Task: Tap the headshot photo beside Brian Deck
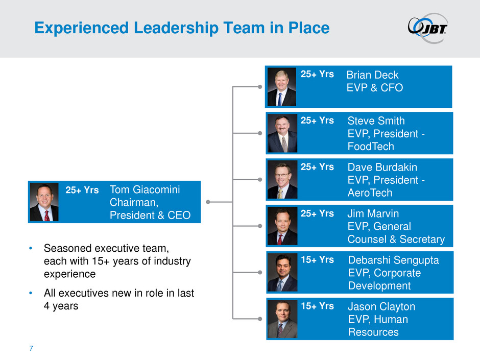point(281,86)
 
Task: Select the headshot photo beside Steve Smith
point(281,133)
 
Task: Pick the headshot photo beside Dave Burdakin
point(282,180)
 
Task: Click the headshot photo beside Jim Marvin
point(282,226)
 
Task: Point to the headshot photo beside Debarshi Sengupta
point(282,272)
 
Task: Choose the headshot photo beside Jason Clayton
point(282,319)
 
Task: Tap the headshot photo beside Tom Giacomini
point(44,202)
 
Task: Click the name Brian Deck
point(372,75)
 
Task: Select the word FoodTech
point(371,147)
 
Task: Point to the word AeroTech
point(370,193)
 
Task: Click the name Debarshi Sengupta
point(393,260)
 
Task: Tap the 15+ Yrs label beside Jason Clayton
point(317,306)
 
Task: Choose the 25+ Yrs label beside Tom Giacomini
point(82,190)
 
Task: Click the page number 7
point(31,349)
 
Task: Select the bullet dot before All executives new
point(31,294)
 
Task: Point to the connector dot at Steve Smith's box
point(260,133)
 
